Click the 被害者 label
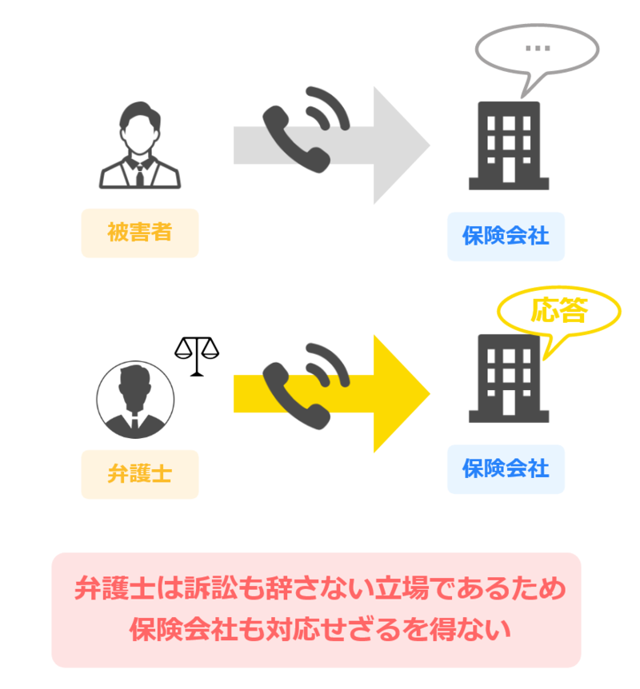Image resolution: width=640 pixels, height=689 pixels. tap(140, 233)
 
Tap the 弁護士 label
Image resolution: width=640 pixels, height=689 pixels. tap(140, 473)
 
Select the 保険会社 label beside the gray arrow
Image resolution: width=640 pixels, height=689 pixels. tap(506, 236)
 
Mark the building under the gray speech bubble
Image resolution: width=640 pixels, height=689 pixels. tap(509, 145)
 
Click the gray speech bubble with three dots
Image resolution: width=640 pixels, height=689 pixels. tap(537, 49)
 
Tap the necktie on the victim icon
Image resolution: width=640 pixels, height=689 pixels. tap(140, 173)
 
